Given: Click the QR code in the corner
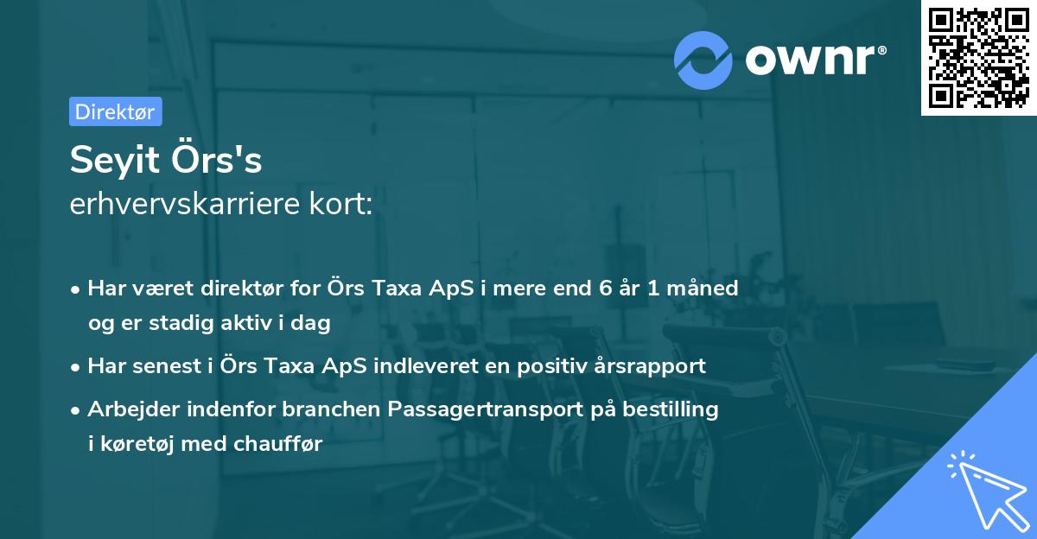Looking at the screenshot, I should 978,58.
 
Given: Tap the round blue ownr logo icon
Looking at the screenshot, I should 704,60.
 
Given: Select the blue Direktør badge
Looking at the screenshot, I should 115,111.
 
